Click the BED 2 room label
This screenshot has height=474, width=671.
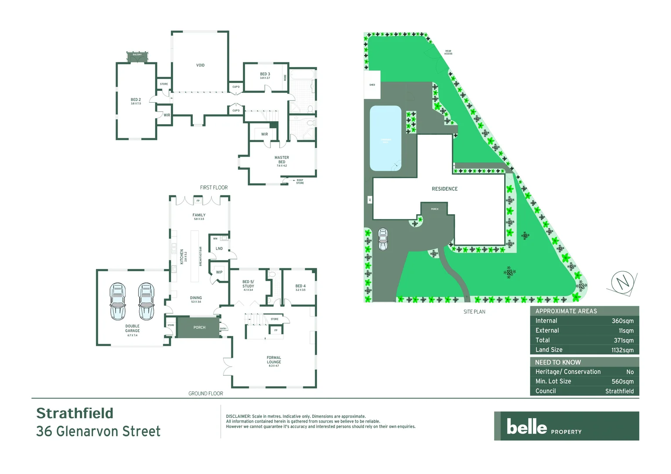click(x=136, y=100)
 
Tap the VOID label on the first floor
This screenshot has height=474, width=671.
click(x=200, y=65)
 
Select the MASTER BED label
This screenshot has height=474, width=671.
click(x=281, y=160)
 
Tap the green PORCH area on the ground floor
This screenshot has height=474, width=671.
click(x=199, y=327)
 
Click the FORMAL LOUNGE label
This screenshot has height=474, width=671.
click(x=274, y=360)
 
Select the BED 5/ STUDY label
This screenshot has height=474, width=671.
click(x=248, y=284)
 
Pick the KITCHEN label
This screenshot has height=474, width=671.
click(x=182, y=257)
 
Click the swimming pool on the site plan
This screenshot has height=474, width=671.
click(x=386, y=138)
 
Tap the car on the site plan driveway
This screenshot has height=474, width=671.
click(x=383, y=239)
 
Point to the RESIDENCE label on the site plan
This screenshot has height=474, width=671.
click(x=444, y=189)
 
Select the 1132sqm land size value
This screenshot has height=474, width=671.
click(x=622, y=350)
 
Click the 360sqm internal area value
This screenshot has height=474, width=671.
click(x=622, y=321)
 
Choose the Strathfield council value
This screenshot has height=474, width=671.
click(x=619, y=391)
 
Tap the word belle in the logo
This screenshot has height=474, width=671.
click(x=527, y=427)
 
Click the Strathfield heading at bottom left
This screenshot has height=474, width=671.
click(x=75, y=413)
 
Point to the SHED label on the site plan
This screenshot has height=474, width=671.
click(x=372, y=85)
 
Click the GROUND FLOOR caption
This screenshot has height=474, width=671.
click(x=206, y=394)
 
